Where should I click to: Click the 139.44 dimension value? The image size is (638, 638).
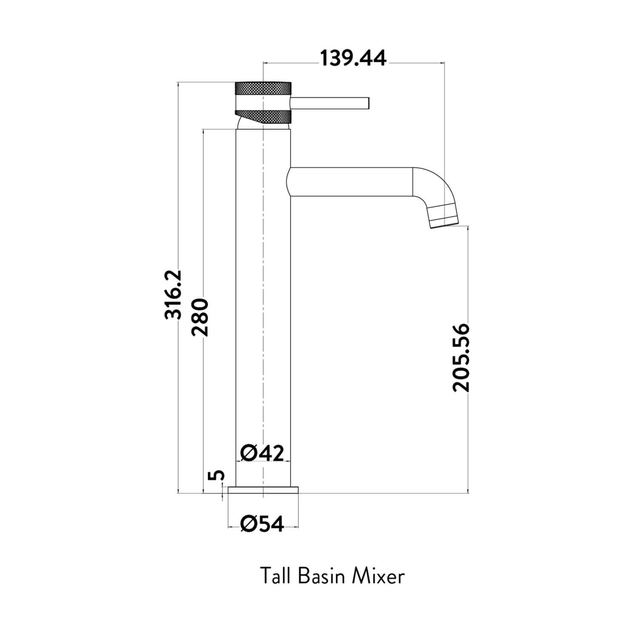click(x=353, y=59)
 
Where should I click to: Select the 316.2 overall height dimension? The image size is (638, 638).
click(x=174, y=294)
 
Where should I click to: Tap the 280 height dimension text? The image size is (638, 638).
click(x=200, y=317)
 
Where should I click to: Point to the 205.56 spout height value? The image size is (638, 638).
click(x=461, y=358)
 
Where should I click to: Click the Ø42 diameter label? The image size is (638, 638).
click(x=262, y=453)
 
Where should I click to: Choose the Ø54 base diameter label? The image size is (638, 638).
click(x=262, y=524)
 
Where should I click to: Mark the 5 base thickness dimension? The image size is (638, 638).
click(x=217, y=475)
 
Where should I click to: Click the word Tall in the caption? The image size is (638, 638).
click(x=275, y=577)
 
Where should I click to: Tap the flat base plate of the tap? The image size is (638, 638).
click(x=263, y=490)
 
